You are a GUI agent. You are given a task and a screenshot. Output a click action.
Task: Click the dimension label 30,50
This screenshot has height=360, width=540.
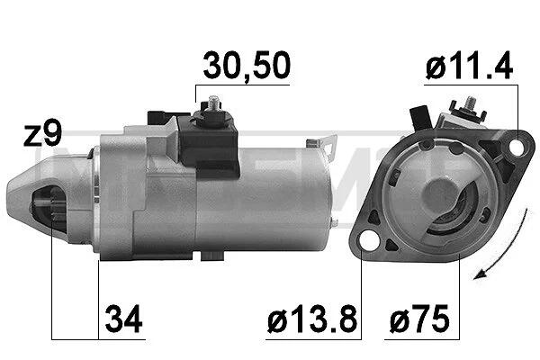click(x=247, y=66)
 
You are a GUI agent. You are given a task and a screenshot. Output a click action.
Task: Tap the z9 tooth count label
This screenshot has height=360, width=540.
click(x=42, y=134)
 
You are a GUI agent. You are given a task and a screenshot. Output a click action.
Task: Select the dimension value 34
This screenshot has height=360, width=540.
click(x=123, y=319)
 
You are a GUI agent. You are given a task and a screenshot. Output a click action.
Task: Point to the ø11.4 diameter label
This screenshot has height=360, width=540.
click(x=470, y=66)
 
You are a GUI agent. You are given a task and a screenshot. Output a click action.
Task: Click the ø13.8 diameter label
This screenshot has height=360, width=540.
click(x=312, y=319)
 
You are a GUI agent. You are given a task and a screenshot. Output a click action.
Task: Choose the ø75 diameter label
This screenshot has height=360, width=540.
click(x=419, y=319)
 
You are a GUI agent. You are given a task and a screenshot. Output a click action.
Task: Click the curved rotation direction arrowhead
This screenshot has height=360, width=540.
click(x=481, y=274)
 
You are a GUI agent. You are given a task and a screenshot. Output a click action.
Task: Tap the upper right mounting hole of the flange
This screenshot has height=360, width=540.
click(x=517, y=147)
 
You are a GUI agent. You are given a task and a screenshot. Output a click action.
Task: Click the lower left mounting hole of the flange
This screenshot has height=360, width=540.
click(x=368, y=241)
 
